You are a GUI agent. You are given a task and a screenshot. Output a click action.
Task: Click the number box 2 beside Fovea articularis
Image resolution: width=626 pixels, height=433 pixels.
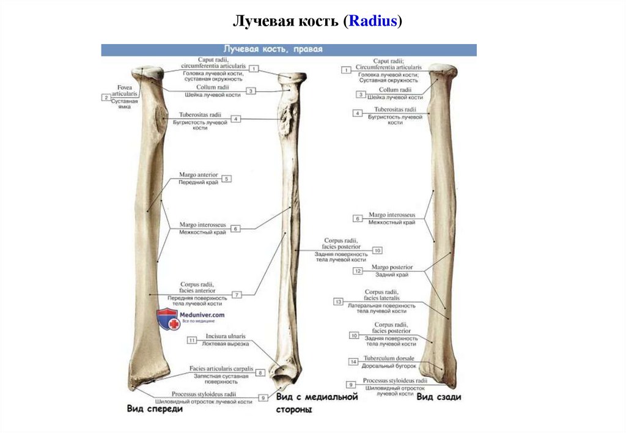106,97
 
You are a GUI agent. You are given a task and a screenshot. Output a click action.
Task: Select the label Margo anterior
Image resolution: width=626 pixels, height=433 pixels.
199,175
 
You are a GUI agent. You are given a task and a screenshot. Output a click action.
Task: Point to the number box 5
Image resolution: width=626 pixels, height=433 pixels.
226,179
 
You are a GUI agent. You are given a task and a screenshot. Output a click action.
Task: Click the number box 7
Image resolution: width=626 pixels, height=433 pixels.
236,295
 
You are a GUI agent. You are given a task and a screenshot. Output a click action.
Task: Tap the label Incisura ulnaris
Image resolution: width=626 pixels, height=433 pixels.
226,336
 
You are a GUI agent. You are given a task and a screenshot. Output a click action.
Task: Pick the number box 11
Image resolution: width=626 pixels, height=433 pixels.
192,340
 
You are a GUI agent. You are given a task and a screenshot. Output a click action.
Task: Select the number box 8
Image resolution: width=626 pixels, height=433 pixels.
260,372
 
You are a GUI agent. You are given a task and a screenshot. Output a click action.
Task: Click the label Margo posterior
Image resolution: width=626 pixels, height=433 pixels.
392,267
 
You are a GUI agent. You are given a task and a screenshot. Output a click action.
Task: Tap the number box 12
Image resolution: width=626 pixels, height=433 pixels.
358,270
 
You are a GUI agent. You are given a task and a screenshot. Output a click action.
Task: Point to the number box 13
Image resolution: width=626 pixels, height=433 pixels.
337,302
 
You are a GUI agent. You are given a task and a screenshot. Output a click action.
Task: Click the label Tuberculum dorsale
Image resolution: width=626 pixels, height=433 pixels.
389,358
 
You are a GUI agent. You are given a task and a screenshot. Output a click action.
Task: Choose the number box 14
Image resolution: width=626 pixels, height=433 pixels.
353,361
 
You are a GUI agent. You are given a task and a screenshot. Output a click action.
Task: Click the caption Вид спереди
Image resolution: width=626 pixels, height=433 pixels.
155,409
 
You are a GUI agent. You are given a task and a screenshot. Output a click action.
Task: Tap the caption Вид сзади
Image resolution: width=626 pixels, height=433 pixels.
439,396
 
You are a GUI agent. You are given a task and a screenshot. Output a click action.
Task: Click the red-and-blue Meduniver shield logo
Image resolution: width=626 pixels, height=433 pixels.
168,319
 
